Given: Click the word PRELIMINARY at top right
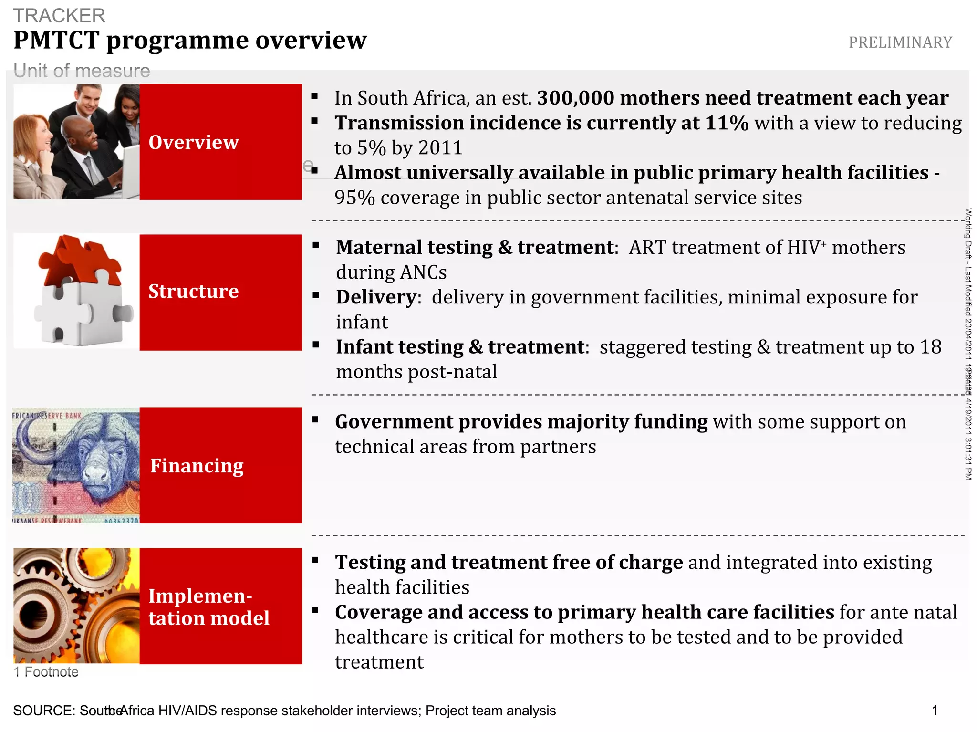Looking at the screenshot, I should tap(900, 42).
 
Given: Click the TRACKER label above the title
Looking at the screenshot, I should tap(59, 16).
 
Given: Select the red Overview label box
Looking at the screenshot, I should tap(220, 142).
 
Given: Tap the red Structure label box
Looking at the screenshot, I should tap(220, 292).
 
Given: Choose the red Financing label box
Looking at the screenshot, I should tap(220, 465).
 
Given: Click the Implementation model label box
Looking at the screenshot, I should tap(220, 606).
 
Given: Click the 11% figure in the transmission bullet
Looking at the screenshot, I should tap(727, 123).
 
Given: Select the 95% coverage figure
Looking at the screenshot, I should tap(354, 198).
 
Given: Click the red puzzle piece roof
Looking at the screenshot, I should tap(79, 260).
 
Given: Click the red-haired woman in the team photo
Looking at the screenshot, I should tap(33, 143).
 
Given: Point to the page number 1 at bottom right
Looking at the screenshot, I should tap(935, 711).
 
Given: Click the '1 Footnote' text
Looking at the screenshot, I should tap(46, 672).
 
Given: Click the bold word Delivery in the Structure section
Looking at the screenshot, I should tap(376, 297).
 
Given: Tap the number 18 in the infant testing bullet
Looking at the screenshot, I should tap(930, 347).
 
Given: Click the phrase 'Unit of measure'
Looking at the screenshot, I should tap(82, 71).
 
